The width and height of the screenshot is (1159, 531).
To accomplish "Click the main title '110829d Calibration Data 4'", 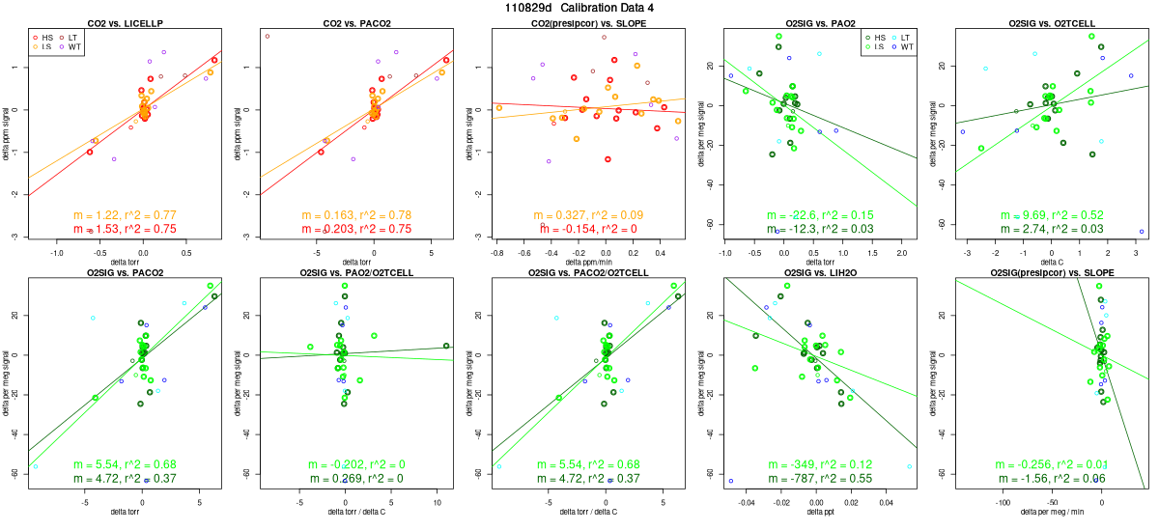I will (579, 8).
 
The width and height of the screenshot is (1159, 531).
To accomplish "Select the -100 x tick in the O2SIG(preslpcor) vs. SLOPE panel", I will (1002, 503).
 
